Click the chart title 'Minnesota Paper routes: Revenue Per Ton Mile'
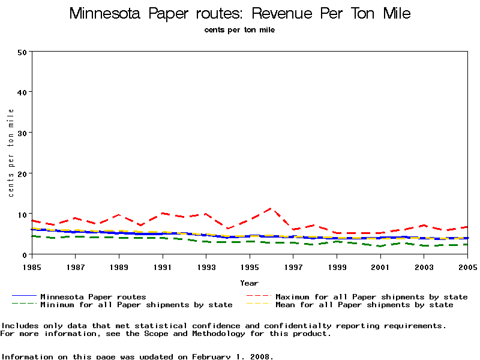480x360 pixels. point(240,13)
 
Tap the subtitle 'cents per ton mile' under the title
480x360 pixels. point(239,30)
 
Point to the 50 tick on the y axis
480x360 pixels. point(22,52)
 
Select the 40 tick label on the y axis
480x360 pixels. point(22,92)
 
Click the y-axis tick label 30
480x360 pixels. point(22,133)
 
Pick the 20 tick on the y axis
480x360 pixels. point(22,173)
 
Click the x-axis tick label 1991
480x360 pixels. point(162,266)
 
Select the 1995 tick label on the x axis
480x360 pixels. point(250,266)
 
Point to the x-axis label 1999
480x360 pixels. point(337,266)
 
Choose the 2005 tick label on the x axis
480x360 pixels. point(467,266)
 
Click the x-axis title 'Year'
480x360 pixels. point(249,283)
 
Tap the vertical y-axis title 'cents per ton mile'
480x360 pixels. point(11,153)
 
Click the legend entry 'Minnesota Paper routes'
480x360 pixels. point(93,296)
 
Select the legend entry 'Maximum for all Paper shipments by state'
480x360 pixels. point(371,296)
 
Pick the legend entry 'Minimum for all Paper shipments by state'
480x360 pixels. point(136,305)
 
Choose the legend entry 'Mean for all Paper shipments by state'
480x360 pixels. point(364,305)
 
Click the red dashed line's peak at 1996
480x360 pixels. point(271,208)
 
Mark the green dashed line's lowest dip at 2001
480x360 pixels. point(380,246)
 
